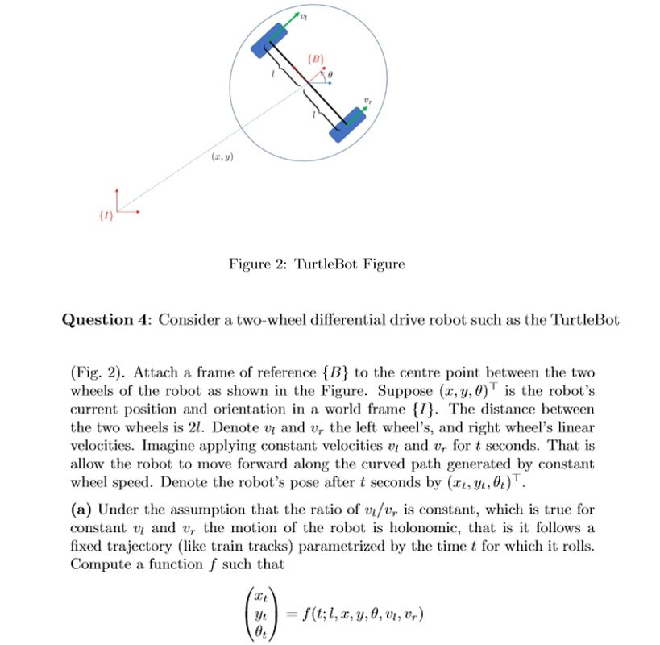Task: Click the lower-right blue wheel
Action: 348,123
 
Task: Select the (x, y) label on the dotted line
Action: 222,157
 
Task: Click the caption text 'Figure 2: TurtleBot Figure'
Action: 317,264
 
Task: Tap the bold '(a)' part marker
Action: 81,509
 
